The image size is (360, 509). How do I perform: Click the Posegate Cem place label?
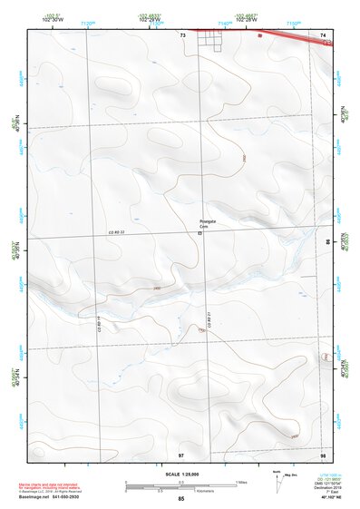click(x=209, y=223)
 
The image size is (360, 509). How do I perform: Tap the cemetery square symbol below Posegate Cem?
click(x=199, y=233)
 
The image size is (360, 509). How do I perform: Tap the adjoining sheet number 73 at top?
click(x=182, y=34)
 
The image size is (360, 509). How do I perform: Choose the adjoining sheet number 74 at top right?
click(x=323, y=34)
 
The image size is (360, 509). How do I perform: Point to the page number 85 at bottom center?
click(x=181, y=499)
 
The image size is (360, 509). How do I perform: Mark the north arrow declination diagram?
click(x=278, y=482)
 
